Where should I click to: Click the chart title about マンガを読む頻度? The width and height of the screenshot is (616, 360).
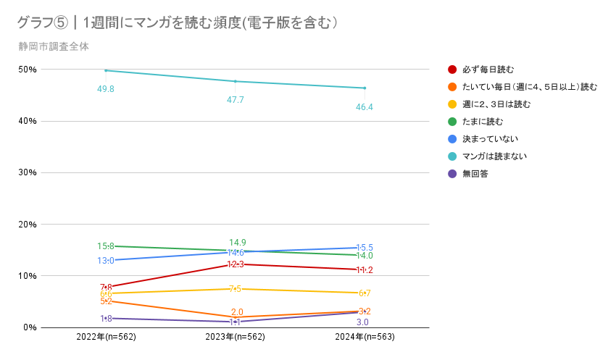tap(178, 23)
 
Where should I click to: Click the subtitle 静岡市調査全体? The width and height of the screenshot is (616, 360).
tap(55, 47)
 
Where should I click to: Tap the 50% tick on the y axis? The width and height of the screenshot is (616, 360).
tap(28, 70)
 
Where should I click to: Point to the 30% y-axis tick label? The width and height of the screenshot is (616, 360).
tap(28, 172)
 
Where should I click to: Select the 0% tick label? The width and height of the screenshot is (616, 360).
tap(30, 327)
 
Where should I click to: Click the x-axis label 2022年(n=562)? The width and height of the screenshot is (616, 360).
tap(106, 338)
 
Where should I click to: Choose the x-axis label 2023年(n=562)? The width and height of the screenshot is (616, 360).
tap(235, 338)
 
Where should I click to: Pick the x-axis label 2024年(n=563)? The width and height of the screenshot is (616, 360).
tap(365, 338)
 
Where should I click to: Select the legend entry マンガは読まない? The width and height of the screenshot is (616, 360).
tap(494, 156)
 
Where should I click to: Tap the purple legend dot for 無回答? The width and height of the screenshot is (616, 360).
tap(452, 173)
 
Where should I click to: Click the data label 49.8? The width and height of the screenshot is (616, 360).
tap(106, 88)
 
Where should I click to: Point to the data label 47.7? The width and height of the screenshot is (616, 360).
tap(235, 100)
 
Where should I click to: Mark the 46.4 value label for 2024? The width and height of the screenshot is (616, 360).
tap(365, 107)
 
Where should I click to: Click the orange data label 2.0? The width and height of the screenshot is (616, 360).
tap(236, 312)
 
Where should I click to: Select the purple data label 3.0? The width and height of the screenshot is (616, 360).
tap(363, 322)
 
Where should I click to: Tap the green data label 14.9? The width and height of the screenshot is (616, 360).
tap(237, 242)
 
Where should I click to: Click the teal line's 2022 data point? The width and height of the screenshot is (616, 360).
tap(106, 70)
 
